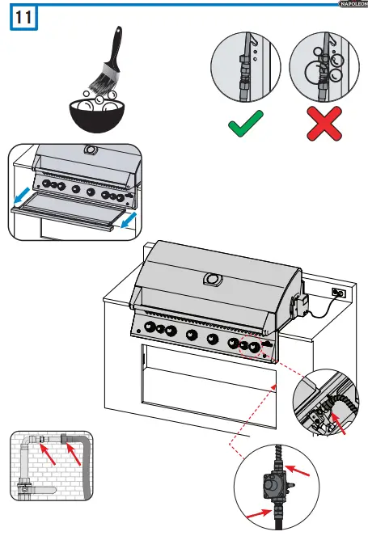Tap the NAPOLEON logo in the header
(x=351, y=4)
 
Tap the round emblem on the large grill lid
(x=214, y=280)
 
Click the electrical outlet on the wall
(x=339, y=293)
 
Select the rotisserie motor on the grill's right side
(x=299, y=307)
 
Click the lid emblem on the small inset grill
(x=87, y=150)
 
